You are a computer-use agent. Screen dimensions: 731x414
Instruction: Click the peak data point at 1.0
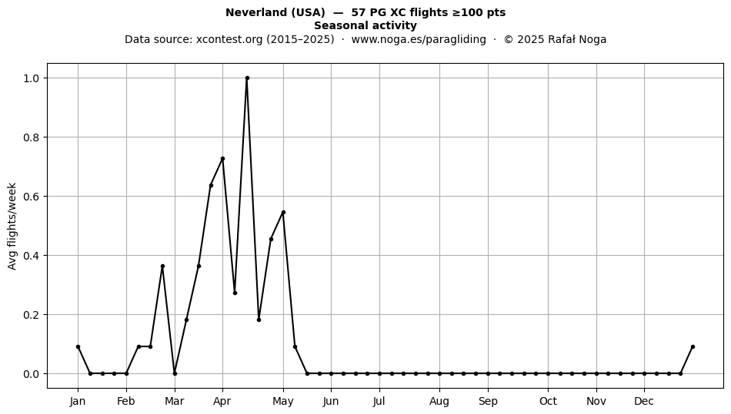247,78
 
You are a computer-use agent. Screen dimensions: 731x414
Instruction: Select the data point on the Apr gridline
223,159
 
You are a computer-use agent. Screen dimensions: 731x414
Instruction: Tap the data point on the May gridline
283,213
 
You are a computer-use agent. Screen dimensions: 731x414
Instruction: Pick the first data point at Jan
78,347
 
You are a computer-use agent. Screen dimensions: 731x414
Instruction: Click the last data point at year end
693,347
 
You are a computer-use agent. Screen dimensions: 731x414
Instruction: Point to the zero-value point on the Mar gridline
175,373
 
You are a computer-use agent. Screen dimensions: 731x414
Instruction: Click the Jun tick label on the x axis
331,401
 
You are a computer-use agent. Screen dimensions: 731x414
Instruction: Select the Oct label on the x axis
548,401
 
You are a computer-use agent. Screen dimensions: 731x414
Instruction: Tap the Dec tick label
644,401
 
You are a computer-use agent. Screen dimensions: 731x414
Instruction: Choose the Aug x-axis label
439,401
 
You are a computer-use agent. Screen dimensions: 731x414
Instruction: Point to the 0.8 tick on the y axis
32,137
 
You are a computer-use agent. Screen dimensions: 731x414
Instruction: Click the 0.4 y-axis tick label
32,255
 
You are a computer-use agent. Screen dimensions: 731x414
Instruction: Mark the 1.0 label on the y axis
32,78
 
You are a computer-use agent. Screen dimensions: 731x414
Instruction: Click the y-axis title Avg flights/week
12,226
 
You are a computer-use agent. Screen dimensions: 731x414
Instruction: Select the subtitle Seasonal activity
365,25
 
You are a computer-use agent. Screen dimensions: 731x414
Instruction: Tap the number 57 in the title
358,12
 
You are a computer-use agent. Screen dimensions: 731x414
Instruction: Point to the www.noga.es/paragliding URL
419,39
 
